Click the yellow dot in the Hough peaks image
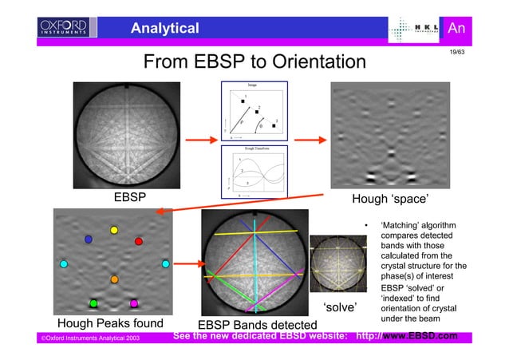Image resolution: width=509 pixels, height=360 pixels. click(x=114, y=230)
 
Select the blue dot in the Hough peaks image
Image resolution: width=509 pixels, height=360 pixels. click(x=89, y=239)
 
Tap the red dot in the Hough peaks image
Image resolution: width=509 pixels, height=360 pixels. click(x=139, y=240)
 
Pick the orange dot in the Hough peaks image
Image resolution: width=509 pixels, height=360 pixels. click(x=114, y=279)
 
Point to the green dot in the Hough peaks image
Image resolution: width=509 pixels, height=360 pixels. click(x=93, y=303)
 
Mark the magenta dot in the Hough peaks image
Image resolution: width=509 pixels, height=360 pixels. click(x=134, y=303)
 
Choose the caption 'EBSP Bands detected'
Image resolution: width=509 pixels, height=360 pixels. click(x=256, y=325)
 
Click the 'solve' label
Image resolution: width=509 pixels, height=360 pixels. click(x=339, y=307)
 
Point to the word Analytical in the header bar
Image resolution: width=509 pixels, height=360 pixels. click(x=165, y=29)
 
